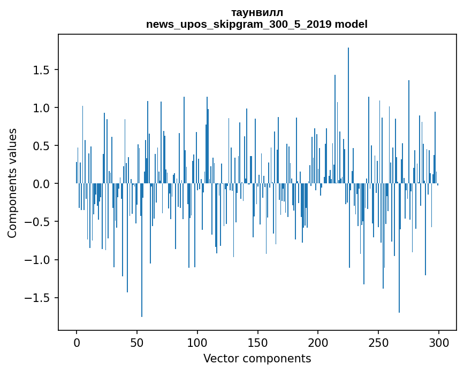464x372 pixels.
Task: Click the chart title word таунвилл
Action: tap(257, 12)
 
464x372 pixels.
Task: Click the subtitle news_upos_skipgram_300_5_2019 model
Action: tap(257, 24)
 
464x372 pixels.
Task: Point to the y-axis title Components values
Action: tap(12, 183)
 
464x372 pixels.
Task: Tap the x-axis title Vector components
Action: tap(257, 358)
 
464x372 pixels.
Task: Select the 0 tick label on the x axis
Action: tap(77, 342)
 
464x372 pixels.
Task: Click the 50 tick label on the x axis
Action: tap(137, 342)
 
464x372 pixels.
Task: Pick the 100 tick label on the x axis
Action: tap(197, 342)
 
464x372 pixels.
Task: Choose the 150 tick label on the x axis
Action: tap(257, 342)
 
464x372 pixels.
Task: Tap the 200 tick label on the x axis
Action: tap(318, 342)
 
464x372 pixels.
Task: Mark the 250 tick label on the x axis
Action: tap(378, 342)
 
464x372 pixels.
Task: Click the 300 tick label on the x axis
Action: tap(439, 342)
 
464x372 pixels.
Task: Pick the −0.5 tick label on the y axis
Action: tap(40, 222)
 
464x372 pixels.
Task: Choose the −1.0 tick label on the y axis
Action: tap(40, 260)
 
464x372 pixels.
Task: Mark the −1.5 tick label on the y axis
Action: tap(40, 298)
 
